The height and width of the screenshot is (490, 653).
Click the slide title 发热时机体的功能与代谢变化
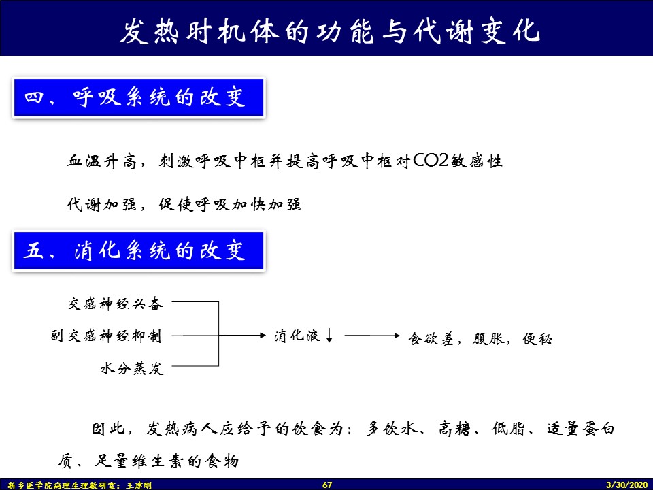(x=331, y=31)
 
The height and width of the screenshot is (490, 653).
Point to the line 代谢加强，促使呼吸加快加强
(x=184, y=205)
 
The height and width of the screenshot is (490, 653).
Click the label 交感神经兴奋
(x=116, y=304)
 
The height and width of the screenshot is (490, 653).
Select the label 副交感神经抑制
(x=106, y=336)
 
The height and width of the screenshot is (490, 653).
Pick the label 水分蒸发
(x=132, y=369)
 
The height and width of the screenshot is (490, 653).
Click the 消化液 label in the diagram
(x=297, y=336)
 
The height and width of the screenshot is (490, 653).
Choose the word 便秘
(x=537, y=338)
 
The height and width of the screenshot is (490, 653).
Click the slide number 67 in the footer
(x=327, y=485)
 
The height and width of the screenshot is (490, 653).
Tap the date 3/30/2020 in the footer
(x=627, y=485)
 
